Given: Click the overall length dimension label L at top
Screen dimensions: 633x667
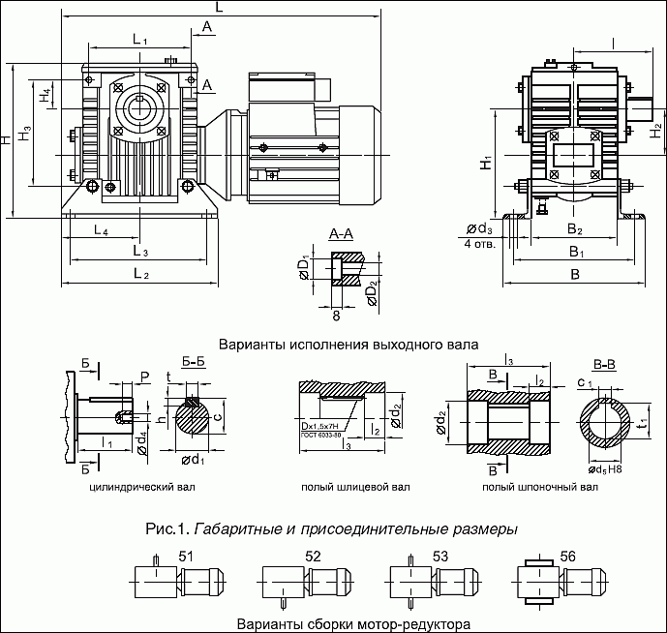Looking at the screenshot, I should coord(220,7).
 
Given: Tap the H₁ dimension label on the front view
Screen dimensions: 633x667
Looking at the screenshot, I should coord(487,163).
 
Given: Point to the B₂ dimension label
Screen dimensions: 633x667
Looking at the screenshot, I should coord(574,229).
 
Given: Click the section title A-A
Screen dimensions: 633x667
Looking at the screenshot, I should coord(341,235).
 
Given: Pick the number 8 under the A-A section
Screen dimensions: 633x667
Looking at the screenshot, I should coord(336,316).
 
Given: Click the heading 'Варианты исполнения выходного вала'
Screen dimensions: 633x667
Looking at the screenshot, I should coord(349,344).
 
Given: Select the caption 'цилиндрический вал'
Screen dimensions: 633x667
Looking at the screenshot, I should coord(141,488).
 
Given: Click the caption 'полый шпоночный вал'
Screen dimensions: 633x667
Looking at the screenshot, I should coord(533,488).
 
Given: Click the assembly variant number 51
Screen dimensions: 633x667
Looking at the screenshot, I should coord(187,556).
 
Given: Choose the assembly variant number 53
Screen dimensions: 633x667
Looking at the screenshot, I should coord(440,556).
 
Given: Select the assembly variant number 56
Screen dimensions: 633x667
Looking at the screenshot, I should coord(568,556).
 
